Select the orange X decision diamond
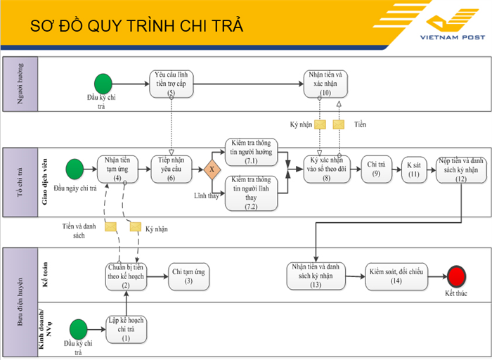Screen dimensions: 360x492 pos(212,169)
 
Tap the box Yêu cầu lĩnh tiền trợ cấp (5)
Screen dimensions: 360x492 pos(171,84)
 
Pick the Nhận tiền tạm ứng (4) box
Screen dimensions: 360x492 pos(118,169)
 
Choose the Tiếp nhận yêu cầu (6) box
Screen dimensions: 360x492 pos(171,169)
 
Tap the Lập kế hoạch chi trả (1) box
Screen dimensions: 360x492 pos(126,329)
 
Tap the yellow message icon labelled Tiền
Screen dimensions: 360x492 pos(339,124)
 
